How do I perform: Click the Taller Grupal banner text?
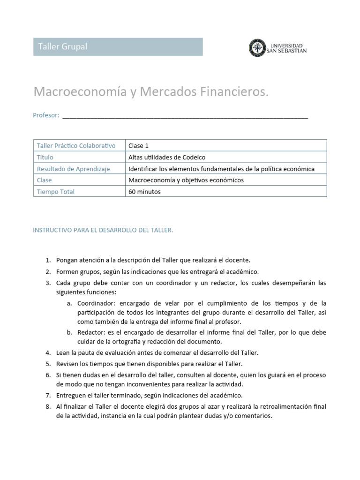(62, 47)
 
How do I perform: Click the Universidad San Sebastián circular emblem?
(256, 47)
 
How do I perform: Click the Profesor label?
(46, 115)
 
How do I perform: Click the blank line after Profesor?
(185, 116)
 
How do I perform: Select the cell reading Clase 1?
(138, 146)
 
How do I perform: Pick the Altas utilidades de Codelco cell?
(166, 157)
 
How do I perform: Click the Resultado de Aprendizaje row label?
(73, 169)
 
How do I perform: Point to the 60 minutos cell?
(144, 191)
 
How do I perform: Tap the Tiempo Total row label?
(56, 191)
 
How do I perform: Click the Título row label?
(45, 157)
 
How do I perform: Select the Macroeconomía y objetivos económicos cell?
(186, 180)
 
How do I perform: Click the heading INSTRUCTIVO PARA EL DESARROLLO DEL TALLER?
(103, 230)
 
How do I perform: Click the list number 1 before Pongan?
(48, 260)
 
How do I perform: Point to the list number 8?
(48, 406)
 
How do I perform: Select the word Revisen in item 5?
(68, 364)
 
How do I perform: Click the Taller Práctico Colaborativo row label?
(76, 146)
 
